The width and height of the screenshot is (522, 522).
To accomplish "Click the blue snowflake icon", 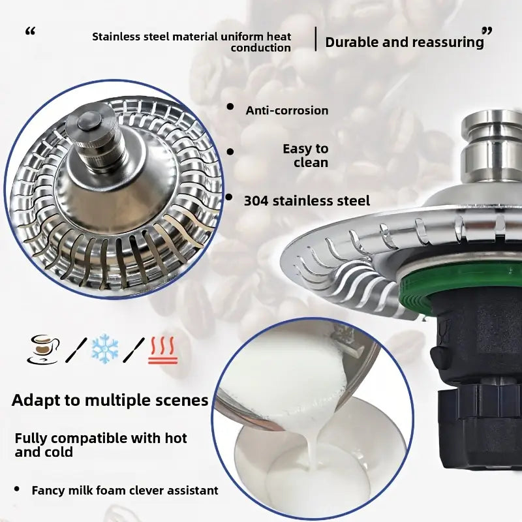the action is pyautogui.click(x=104, y=348).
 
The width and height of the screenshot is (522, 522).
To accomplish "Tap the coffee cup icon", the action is pyautogui.click(x=44, y=349).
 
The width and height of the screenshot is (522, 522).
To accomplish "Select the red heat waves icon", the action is pyautogui.click(x=162, y=351).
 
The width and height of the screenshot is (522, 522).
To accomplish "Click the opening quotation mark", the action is pyautogui.click(x=30, y=32).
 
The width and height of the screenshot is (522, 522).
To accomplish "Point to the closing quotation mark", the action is pyautogui.click(x=487, y=32).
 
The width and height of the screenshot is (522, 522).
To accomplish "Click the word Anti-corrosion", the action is pyautogui.click(x=287, y=110).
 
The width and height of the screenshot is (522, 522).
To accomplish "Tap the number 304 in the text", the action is pyautogui.click(x=256, y=201).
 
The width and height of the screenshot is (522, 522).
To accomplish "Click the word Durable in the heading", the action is pyautogui.click(x=352, y=42).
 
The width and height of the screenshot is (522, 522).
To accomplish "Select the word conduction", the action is pyautogui.click(x=260, y=48).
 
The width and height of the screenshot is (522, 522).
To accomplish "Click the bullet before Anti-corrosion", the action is pyautogui.click(x=230, y=106).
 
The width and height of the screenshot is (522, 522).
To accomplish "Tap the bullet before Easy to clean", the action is pyautogui.click(x=230, y=152).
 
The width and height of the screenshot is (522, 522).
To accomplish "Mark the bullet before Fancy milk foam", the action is pyautogui.click(x=17, y=489).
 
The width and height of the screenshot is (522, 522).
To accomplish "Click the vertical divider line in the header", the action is pyautogui.click(x=316, y=39).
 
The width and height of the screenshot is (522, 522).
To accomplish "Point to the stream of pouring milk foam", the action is pyautogui.click(x=313, y=443).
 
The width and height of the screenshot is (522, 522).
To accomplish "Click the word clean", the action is pyautogui.click(x=311, y=162).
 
